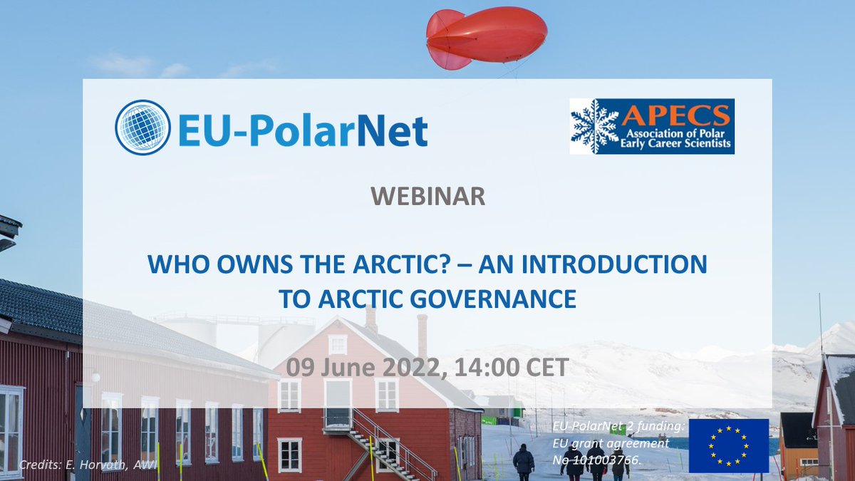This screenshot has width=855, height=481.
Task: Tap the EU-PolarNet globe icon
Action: click(x=142, y=128)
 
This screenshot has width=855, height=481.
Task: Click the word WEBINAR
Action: click(x=427, y=197)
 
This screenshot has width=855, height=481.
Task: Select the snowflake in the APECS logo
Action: click(x=595, y=126)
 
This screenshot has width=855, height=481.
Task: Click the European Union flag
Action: click(x=728, y=445)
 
